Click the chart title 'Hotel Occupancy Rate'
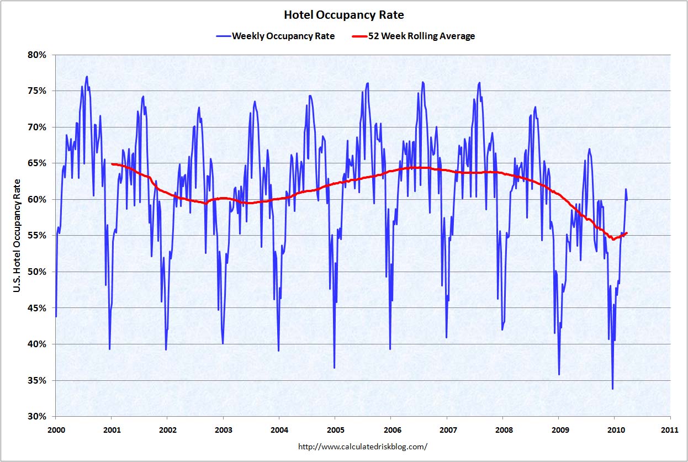(x=343, y=14)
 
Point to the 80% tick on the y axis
(x=37, y=55)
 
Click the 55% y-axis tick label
(x=37, y=236)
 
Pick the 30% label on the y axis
(x=37, y=417)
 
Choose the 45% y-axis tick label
(x=37, y=308)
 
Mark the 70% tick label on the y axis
(x=37, y=127)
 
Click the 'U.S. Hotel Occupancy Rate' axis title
(x=18, y=236)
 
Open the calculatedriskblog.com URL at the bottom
(x=363, y=446)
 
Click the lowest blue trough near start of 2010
(x=612, y=389)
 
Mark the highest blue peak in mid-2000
(x=87, y=77)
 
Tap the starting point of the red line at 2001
(x=112, y=164)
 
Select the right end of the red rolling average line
(x=627, y=233)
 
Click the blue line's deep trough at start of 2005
(x=334, y=368)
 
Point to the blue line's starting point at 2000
(x=56, y=316)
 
